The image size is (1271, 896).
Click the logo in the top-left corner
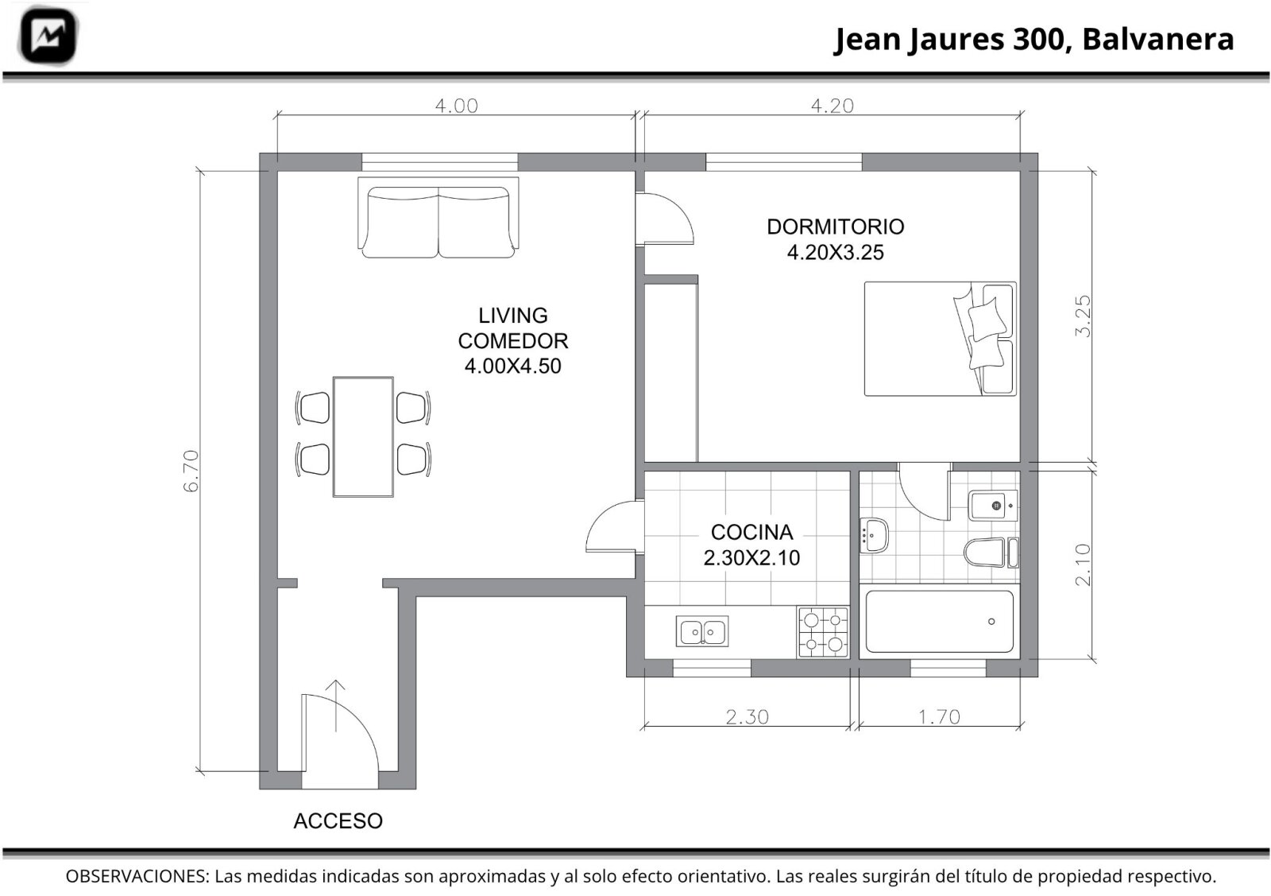coord(48,36)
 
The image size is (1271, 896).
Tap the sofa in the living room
coord(438,218)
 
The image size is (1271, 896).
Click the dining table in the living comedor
coord(363,436)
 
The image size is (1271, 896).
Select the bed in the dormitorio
coord(941,339)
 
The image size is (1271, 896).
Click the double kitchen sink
coord(702,631)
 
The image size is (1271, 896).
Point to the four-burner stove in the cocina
coord(823,633)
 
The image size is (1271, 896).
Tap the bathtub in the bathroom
coord(940,622)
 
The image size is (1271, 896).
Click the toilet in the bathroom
coord(991,553)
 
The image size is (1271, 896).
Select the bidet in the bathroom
coord(993,506)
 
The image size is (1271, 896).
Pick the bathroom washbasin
coord(874,535)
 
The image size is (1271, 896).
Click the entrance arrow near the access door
coord(336,705)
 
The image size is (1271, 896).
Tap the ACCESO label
coord(338,821)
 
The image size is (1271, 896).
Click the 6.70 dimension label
coord(191,471)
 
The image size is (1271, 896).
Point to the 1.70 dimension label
coord(939,717)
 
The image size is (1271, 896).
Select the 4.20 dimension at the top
coord(833,106)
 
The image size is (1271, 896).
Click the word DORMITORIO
coord(835,227)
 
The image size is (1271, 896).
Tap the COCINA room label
coord(751,532)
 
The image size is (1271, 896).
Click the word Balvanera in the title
coord(1158,39)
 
